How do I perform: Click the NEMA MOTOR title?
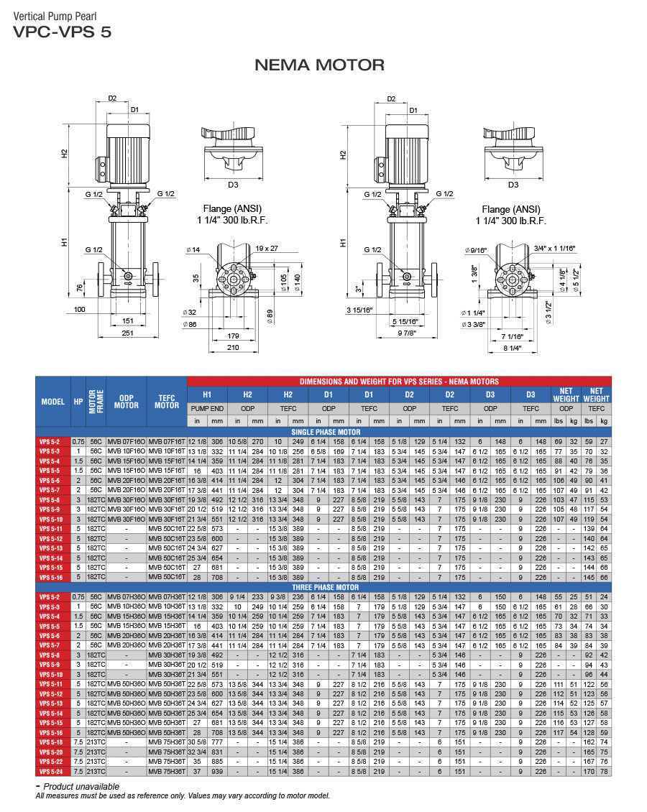(319, 65)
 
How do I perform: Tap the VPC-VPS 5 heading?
(62, 32)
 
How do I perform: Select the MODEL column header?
(52, 402)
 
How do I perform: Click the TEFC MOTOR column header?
(167, 402)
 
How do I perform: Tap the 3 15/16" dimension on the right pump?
(359, 310)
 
